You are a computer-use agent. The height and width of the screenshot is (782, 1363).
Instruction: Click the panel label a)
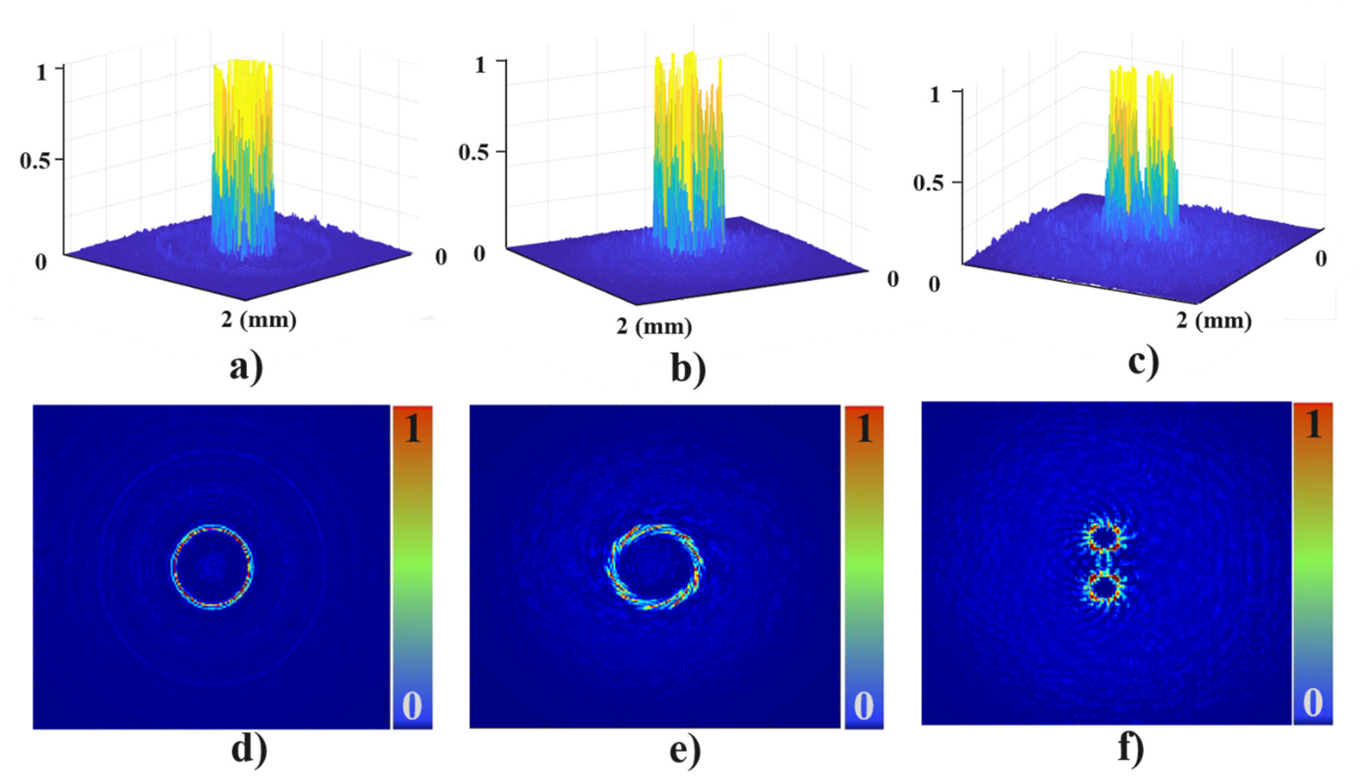click(246, 368)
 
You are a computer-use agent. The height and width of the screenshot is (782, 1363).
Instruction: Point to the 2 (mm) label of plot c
click(1213, 321)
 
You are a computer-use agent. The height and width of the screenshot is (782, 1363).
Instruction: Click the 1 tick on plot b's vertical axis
click(480, 65)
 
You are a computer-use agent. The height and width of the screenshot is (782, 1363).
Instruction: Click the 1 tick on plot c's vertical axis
click(935, 95)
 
